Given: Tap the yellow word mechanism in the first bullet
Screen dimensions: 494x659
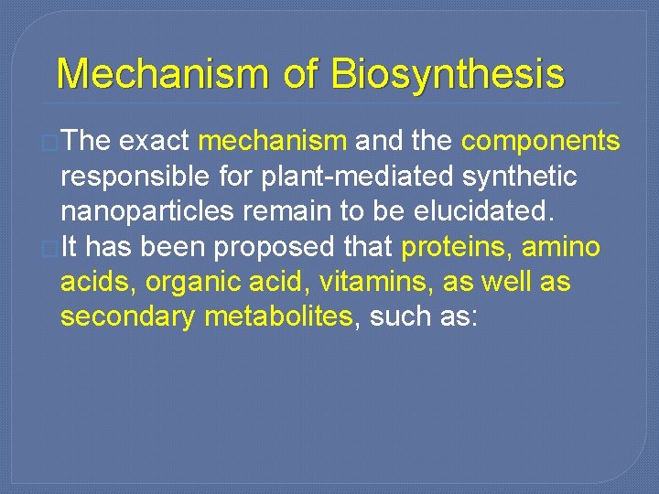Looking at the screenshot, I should tap(272, 141).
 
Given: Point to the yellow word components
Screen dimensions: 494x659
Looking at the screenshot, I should tap(540, 141).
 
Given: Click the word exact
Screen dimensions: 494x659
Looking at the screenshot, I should tap(155, 141).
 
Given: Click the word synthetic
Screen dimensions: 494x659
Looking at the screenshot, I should tap(526, 177).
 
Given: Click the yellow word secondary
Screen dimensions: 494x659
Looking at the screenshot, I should tap(128, 317).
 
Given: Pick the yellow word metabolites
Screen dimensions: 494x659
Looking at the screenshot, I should tap(279, 317).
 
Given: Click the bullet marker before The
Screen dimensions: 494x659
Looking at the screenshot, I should tap(53, 142).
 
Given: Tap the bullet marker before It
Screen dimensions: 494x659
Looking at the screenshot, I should tap(53, 248).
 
